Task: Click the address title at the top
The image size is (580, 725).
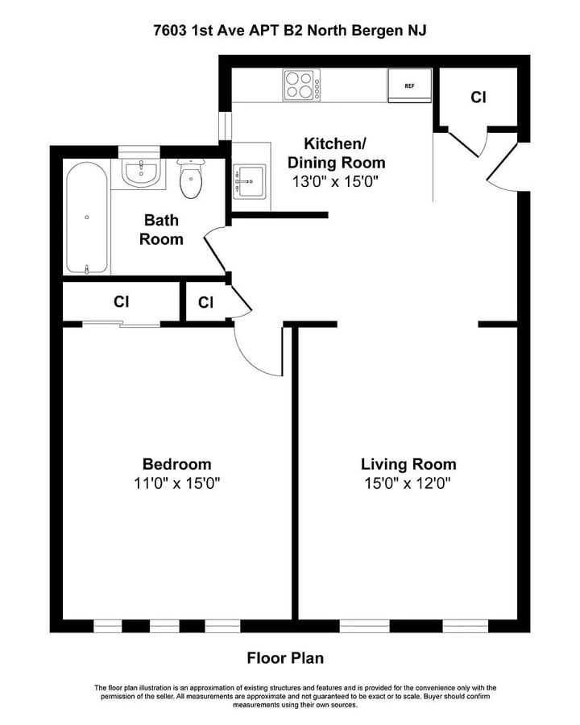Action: click(290, 31)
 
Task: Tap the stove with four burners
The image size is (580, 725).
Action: click(301, 85)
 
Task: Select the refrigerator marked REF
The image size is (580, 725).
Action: click(409, 86)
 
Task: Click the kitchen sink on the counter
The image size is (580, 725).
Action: click(249, 183)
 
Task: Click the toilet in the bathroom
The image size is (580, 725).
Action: click(192, 178)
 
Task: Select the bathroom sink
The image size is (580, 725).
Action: click(140, 171)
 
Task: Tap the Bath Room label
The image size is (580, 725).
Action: click(161, 230)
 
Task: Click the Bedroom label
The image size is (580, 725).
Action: click(176, 464)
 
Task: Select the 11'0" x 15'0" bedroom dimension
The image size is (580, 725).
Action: click(176, 483)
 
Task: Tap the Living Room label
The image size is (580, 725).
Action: click(408, 464)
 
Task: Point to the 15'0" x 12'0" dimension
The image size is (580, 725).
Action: click(408, 483)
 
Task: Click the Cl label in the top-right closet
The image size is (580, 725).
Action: click(478, 97)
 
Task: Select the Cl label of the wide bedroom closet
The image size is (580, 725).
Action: click(121, 302)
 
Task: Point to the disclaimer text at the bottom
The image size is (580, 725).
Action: click(290, 696)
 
